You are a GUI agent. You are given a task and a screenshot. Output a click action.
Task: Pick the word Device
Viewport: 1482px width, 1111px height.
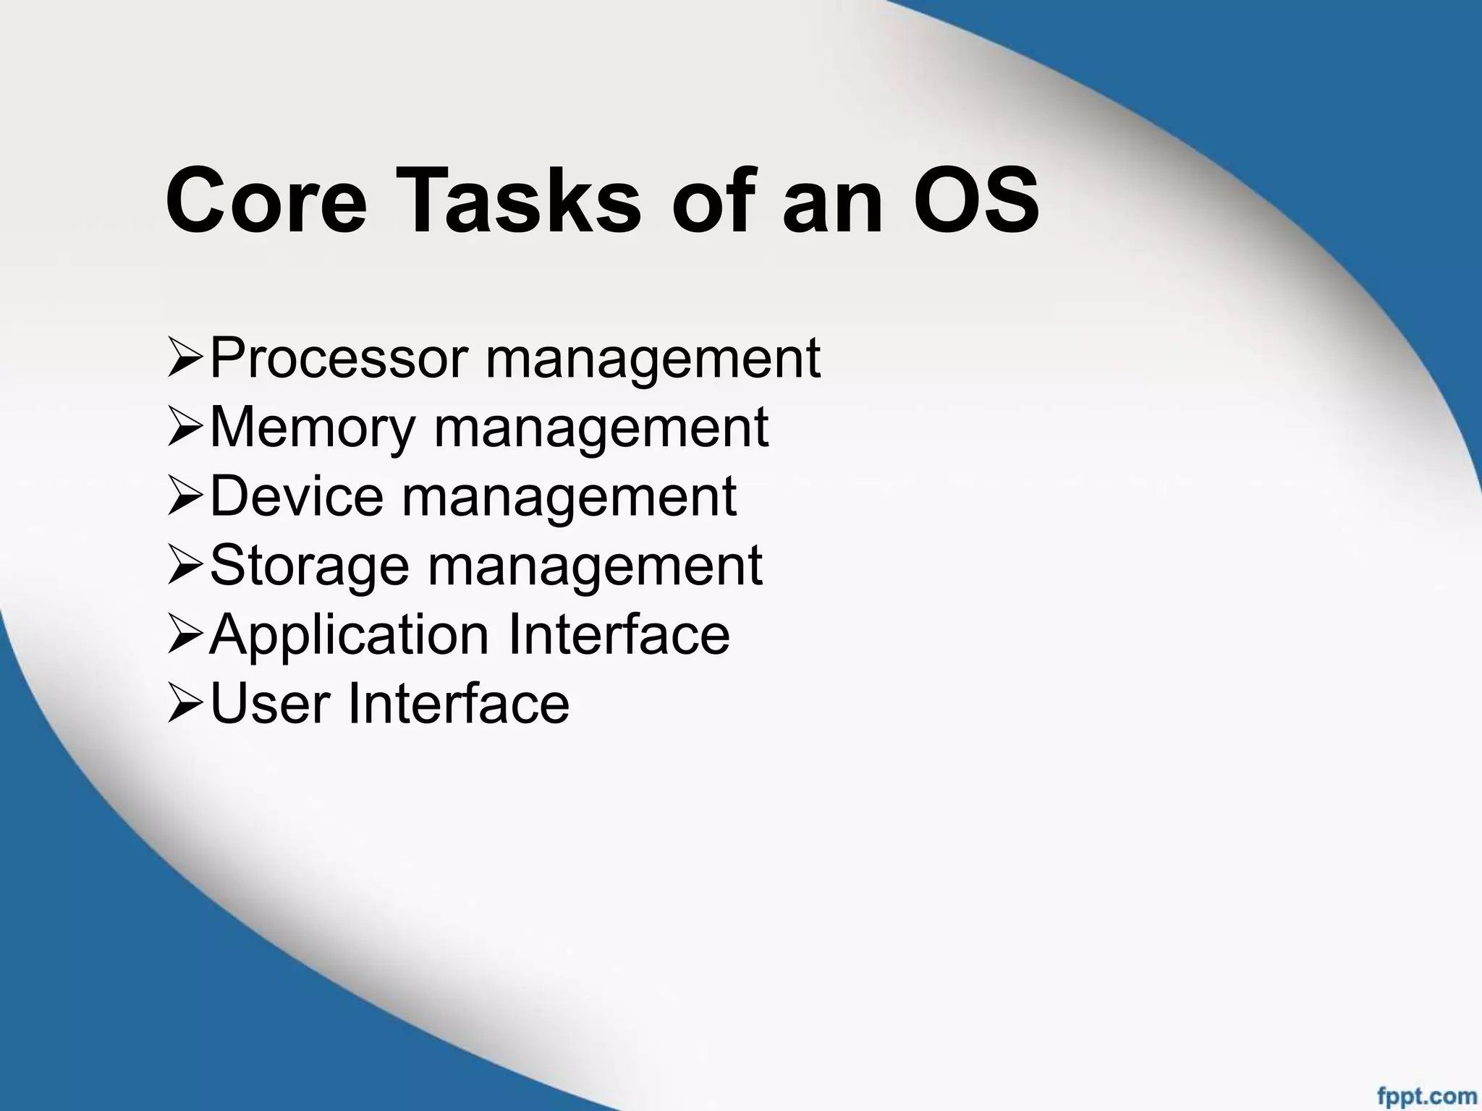coord(297,496)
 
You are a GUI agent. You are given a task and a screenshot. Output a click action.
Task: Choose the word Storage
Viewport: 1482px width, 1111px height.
coord(310,566)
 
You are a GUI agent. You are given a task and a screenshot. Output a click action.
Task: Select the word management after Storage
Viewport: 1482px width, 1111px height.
coord(595,566)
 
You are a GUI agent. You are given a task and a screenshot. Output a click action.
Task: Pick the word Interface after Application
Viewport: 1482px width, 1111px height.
coord(619,634)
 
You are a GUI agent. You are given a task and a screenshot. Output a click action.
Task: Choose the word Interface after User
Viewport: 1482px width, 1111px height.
coord(459,703)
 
